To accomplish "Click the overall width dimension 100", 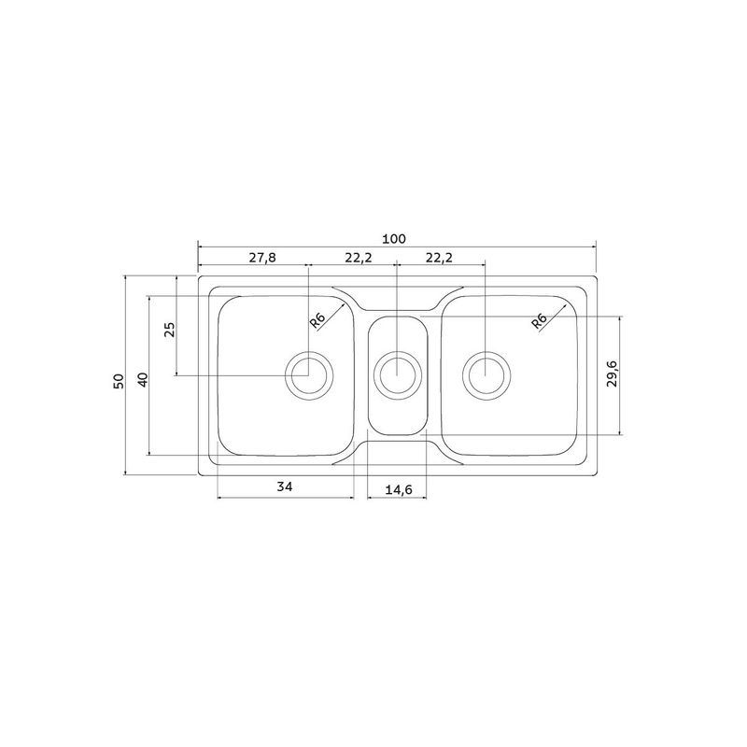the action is (x=394, y=239).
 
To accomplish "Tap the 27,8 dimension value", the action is (x=262, y=258).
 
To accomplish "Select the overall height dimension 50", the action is (x=119, y=381).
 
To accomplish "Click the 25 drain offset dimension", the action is (x=170, y=330).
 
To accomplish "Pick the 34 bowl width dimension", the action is (x=285, y=486).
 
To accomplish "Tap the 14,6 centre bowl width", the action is (x=399, y=489).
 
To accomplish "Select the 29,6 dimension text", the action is (x=613, y=373).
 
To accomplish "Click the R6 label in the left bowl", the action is (x=317, y=320).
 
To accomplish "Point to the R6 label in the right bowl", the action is (x=539, y=321).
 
